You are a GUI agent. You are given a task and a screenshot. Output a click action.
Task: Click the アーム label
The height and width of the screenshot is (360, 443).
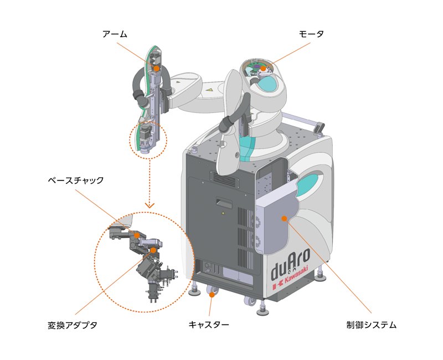(x=115, y=34)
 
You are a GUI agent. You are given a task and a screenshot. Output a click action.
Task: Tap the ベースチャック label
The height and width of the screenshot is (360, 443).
(x=75, y=181)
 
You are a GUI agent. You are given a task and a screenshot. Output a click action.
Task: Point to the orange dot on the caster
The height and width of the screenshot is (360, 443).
(x=212, y=296)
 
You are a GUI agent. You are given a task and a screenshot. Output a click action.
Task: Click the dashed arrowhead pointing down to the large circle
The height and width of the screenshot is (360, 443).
(x=150, y=205)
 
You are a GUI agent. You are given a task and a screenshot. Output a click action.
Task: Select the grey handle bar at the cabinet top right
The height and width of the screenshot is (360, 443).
(x=302, y=119)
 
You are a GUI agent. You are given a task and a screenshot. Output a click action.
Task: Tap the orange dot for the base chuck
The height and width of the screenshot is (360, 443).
(x=136, y=235)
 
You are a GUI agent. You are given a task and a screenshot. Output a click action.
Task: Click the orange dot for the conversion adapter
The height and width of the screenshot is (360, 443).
(x=153, y=250)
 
